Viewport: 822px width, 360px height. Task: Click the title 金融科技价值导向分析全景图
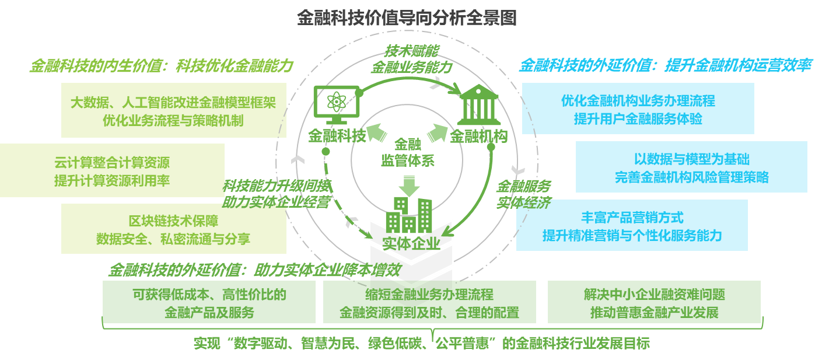(407, 18)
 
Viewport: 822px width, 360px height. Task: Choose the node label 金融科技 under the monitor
(337, 137)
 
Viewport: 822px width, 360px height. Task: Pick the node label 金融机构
(478, 137)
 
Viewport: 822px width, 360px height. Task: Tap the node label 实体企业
(411, 243)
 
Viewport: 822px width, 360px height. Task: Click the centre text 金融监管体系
(407, 152)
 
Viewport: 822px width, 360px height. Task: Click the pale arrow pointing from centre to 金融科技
(376, 135)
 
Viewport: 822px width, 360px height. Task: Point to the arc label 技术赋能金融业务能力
(411, 59)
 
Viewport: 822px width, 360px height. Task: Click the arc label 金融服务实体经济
(523, 194)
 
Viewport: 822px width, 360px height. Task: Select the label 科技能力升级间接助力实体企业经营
(277, 194)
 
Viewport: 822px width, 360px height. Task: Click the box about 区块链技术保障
(173, 229)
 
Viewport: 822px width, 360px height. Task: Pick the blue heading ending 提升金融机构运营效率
(665, 65)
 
